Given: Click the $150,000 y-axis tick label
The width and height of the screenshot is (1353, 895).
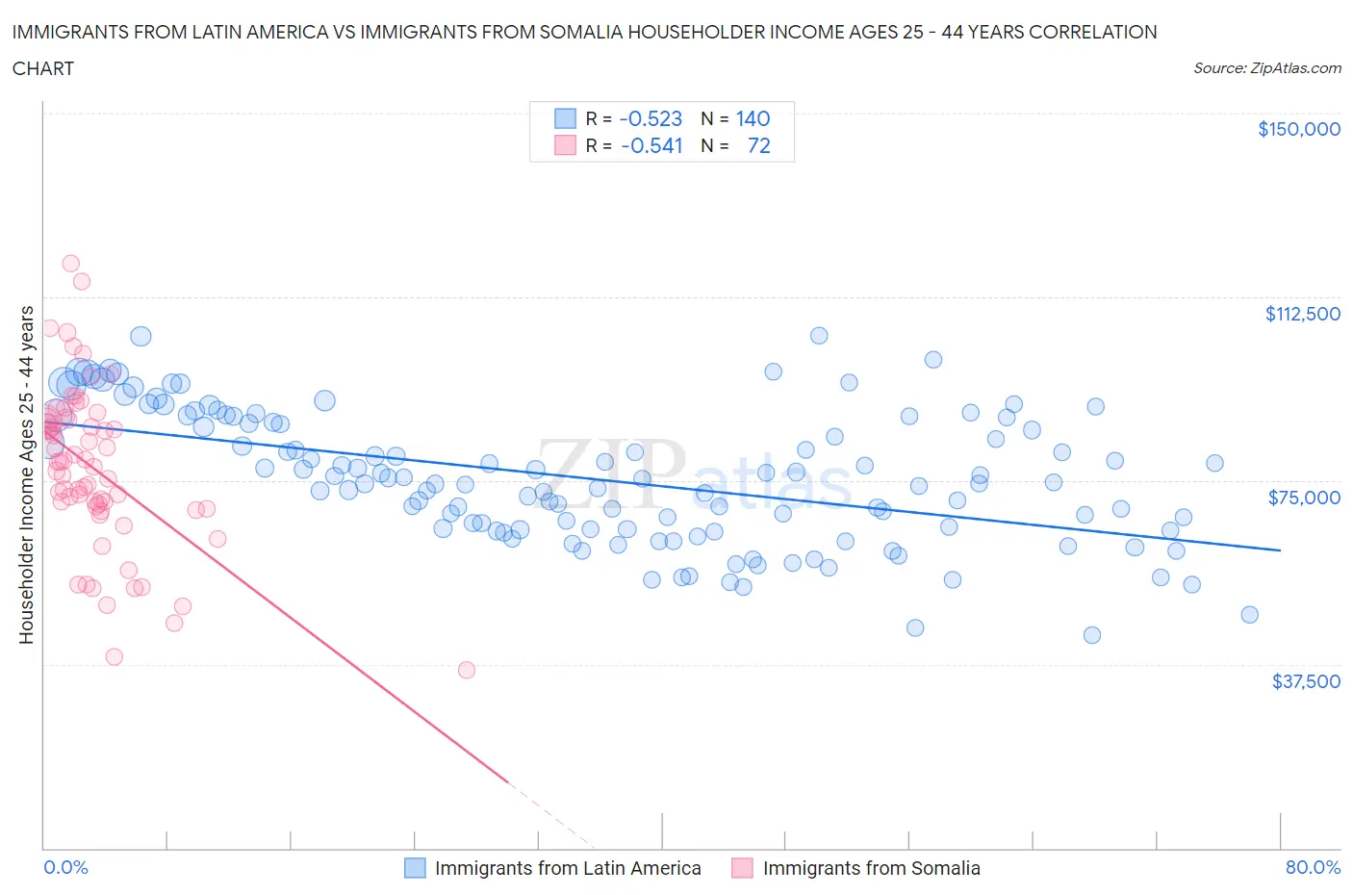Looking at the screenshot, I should point(1298,129).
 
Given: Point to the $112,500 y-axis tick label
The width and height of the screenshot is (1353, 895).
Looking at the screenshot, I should point(1302,314).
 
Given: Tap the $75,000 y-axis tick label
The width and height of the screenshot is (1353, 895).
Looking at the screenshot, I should point(1304,498).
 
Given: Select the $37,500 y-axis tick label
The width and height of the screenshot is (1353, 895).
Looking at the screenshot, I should point(1305,681).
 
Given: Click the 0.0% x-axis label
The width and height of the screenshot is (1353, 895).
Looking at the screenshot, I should point(65,867).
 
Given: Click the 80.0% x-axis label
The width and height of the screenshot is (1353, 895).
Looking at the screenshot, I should point(1313,867).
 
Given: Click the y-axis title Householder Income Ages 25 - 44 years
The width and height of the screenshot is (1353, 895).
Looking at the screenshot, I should point(26,474).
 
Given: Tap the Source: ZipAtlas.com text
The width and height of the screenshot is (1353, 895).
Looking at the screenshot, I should point(1266,68).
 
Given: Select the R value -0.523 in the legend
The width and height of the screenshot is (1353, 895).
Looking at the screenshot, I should point(651,118).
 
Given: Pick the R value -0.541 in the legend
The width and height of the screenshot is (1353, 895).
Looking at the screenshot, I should point(651,145).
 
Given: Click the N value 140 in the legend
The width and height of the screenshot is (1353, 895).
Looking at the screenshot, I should point(753,118).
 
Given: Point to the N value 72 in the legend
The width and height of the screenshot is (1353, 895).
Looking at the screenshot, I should point(758,145).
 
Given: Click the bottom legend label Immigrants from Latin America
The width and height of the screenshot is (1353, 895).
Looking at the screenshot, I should point(568,868).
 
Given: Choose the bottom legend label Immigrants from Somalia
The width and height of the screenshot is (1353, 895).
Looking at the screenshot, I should point(871,868).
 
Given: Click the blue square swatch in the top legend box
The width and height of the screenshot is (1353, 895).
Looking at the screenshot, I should point(565,118).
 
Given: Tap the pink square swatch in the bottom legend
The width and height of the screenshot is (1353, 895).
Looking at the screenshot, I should point(742,868).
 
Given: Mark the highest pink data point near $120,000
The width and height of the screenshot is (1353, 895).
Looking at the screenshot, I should point(70,263).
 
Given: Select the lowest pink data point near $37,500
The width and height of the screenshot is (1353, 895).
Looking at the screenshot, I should point(467,670).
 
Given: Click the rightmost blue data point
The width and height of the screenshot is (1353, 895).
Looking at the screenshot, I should point(1249,614).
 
